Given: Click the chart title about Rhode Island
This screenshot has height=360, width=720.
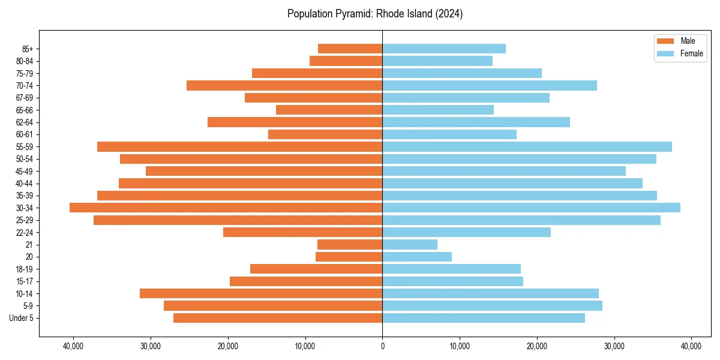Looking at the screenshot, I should [375, 14].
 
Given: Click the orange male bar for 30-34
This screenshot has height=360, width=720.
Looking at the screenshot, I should [226, 208].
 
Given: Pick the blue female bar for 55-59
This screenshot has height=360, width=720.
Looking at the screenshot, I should [527, 146].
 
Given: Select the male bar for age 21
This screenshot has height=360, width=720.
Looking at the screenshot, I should [350, 244].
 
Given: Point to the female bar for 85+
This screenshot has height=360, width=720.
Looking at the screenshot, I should [444, 49].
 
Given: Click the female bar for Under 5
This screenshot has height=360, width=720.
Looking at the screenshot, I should [484, 318].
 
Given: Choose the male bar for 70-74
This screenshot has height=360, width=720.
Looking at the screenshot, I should [284, 85].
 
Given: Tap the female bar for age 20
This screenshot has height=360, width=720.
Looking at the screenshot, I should [417, 257].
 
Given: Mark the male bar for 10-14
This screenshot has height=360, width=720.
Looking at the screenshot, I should [261, 293].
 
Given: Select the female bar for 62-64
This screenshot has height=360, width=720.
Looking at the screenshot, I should [476, 122].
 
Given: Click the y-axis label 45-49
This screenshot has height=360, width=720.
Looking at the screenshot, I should [25, 171].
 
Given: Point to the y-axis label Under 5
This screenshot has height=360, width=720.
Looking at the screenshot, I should [22, 318].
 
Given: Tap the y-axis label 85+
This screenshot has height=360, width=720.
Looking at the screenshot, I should [28, 49].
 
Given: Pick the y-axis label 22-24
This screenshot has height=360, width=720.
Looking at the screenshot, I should [25, 232].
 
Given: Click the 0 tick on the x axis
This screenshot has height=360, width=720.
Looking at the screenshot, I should [382, 346].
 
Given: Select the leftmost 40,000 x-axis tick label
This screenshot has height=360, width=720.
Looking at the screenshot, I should [73, 346].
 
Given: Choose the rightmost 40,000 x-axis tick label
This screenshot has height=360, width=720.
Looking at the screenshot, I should [691, 346].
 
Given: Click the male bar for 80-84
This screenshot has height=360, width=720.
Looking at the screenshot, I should [346, 61].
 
